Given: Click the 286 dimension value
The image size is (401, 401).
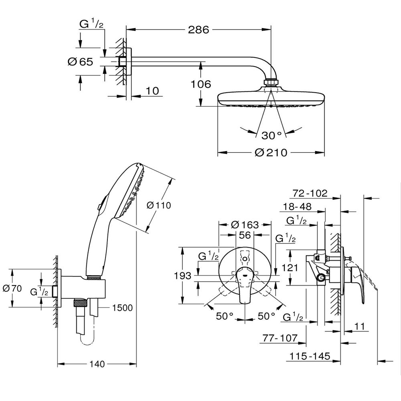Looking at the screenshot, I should pos(198,29).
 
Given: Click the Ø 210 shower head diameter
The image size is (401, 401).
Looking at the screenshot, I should pos(271,153).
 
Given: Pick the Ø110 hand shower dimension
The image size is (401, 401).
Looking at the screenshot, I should pos(159,205).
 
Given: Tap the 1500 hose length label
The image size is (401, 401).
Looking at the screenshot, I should pos(122,308).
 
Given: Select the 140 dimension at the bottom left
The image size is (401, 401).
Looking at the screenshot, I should pos(97,364).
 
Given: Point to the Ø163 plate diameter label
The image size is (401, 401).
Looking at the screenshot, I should pos(245,225).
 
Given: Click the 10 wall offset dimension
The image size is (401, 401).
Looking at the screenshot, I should pos(152,91).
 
